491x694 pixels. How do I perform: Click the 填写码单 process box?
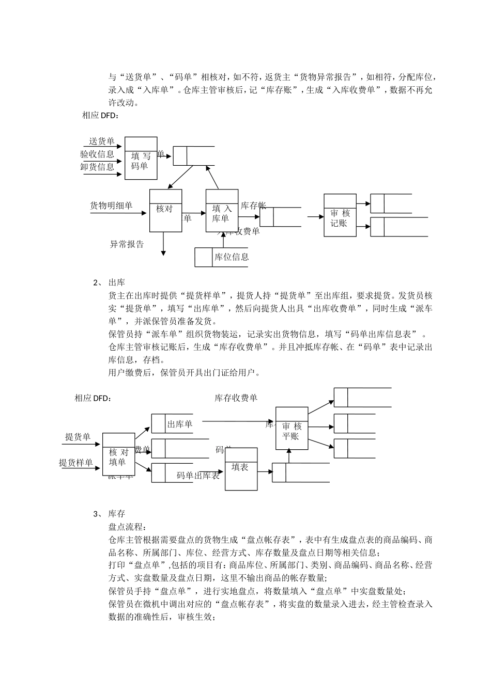click(141, 159)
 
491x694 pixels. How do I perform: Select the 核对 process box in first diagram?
click(165, 210)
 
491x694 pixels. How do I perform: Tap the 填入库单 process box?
click(222, 210)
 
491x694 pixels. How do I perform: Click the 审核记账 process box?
click(340, 215)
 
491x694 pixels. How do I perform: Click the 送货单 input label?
click(101, 141)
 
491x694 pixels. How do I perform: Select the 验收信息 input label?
click(97, 154)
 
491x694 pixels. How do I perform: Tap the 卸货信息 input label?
click(97, 167)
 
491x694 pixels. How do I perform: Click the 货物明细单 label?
click(111, 206)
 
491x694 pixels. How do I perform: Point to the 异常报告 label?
click(127, 244)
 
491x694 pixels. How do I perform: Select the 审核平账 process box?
click(291, 429)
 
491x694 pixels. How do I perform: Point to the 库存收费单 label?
click(236, 398)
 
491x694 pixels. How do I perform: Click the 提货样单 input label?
click(75, 463)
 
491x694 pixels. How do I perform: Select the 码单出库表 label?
click(197, 476)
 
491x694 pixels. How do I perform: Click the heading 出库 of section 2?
click(117, 283)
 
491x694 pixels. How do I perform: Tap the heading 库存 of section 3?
click(117, 514)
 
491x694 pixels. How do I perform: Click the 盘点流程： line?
click(127, 527)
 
